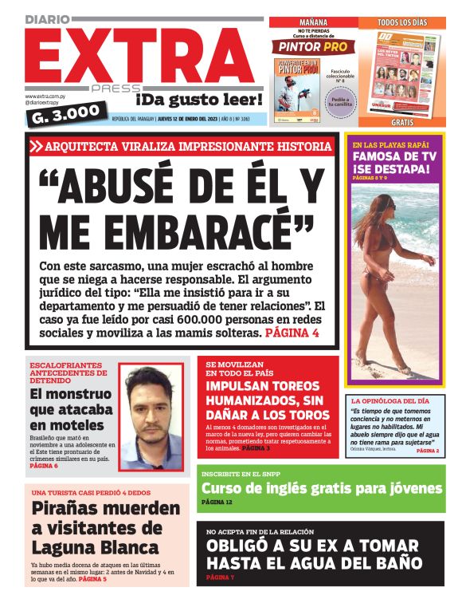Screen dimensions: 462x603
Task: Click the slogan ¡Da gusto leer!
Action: pos(198,99)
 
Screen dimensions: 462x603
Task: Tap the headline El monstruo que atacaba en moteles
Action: pos(67,409)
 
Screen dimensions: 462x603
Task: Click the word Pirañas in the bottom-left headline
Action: pos(74,509)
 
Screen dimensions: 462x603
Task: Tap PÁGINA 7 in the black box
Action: pos(221,577)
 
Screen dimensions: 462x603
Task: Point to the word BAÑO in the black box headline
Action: pos(394,562)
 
